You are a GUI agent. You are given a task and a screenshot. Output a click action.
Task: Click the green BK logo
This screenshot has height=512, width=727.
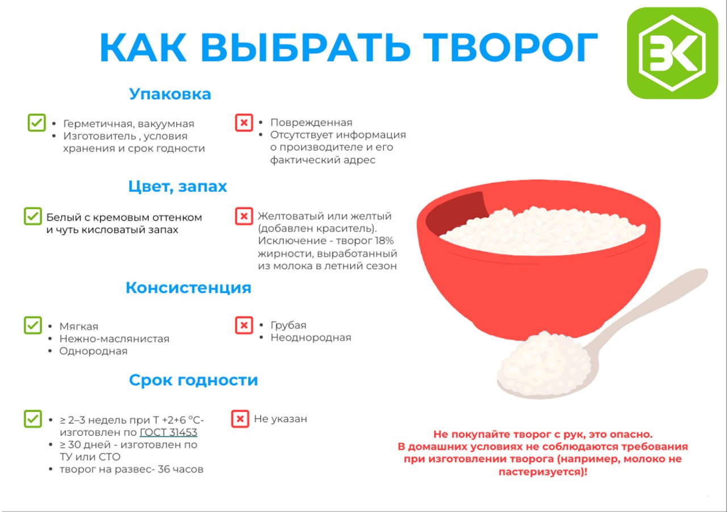coord(672,53)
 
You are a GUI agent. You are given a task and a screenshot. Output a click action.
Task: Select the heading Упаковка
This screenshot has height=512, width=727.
coord(170,94)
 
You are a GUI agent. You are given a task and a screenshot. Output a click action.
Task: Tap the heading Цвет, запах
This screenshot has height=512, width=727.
coord(178,187)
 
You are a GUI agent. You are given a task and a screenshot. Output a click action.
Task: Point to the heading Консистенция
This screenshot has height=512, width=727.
coord(189,287)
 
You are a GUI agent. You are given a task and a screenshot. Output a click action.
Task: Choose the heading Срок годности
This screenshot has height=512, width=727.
coord(194,380)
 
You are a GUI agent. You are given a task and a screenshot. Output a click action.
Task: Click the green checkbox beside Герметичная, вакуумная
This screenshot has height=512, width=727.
coord(37,123)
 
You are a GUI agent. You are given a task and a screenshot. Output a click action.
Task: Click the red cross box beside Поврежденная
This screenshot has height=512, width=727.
coord(244,123)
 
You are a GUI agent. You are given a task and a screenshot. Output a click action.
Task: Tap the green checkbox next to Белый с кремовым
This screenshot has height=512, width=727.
coord(33,216)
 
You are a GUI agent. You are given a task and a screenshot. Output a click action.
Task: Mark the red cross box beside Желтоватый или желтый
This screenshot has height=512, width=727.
coord(244,216)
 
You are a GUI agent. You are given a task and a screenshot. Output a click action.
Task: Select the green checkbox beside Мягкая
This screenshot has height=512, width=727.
coord(33,325)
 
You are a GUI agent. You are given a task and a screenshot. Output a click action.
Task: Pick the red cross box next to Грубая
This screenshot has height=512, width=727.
coord(244,325)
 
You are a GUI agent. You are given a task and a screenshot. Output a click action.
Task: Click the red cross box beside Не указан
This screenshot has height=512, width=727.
coord(240,419)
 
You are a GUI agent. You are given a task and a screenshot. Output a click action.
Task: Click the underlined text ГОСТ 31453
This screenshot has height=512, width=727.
coord(169,432)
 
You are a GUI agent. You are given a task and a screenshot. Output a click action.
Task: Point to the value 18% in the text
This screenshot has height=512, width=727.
coord(385,241)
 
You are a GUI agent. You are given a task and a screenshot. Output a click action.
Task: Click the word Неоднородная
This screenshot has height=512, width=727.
coord(311,337)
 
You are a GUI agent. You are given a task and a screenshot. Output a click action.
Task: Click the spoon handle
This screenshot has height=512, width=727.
coord(646,308)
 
